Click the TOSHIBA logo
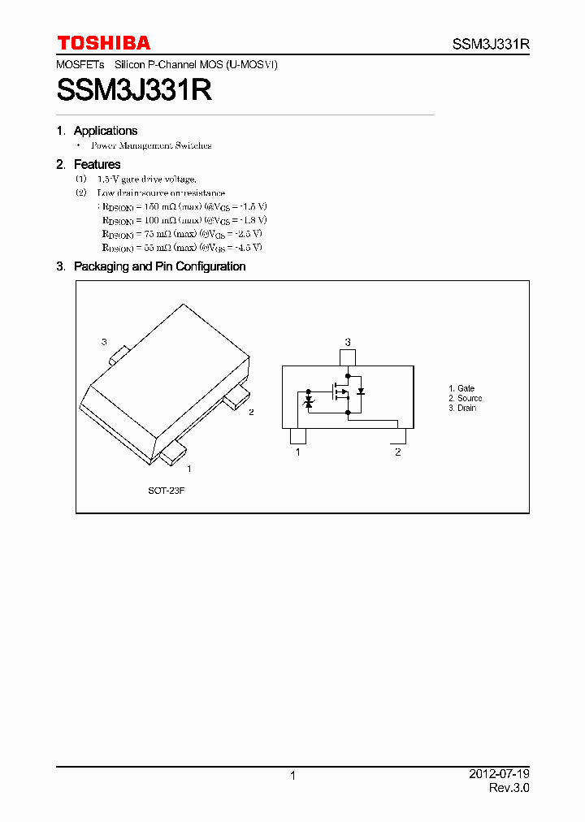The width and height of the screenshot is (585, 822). tap(103, 43)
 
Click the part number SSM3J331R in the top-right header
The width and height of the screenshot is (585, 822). tap(491, 45)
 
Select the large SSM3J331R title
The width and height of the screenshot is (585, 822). tap(135, 90)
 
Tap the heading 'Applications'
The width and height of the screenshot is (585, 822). tap(105, 131)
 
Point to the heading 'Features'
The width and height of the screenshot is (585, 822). tap(97, 165)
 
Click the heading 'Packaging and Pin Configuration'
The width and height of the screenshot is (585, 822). tap(159, 266)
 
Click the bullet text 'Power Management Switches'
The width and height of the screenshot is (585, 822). tap(151, 146)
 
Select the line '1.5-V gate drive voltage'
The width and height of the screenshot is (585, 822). tap(146, 180)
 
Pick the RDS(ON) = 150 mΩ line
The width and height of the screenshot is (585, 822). tap(184, 206)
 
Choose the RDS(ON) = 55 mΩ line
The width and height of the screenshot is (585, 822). tap(182, 247)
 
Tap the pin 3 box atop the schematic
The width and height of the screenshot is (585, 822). tap(348, 357)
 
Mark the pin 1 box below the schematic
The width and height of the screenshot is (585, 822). tap(298, 435)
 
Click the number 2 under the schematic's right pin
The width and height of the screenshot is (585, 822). tap(397, 452)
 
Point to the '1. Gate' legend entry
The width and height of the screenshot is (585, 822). tap(461, 389)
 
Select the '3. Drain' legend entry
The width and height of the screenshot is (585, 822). tap(462, 409)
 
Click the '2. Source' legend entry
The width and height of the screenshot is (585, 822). tap(465, 399)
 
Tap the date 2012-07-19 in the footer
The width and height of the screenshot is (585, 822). tap(500, 774)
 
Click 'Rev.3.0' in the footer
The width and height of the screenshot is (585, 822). tap(509, 788)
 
